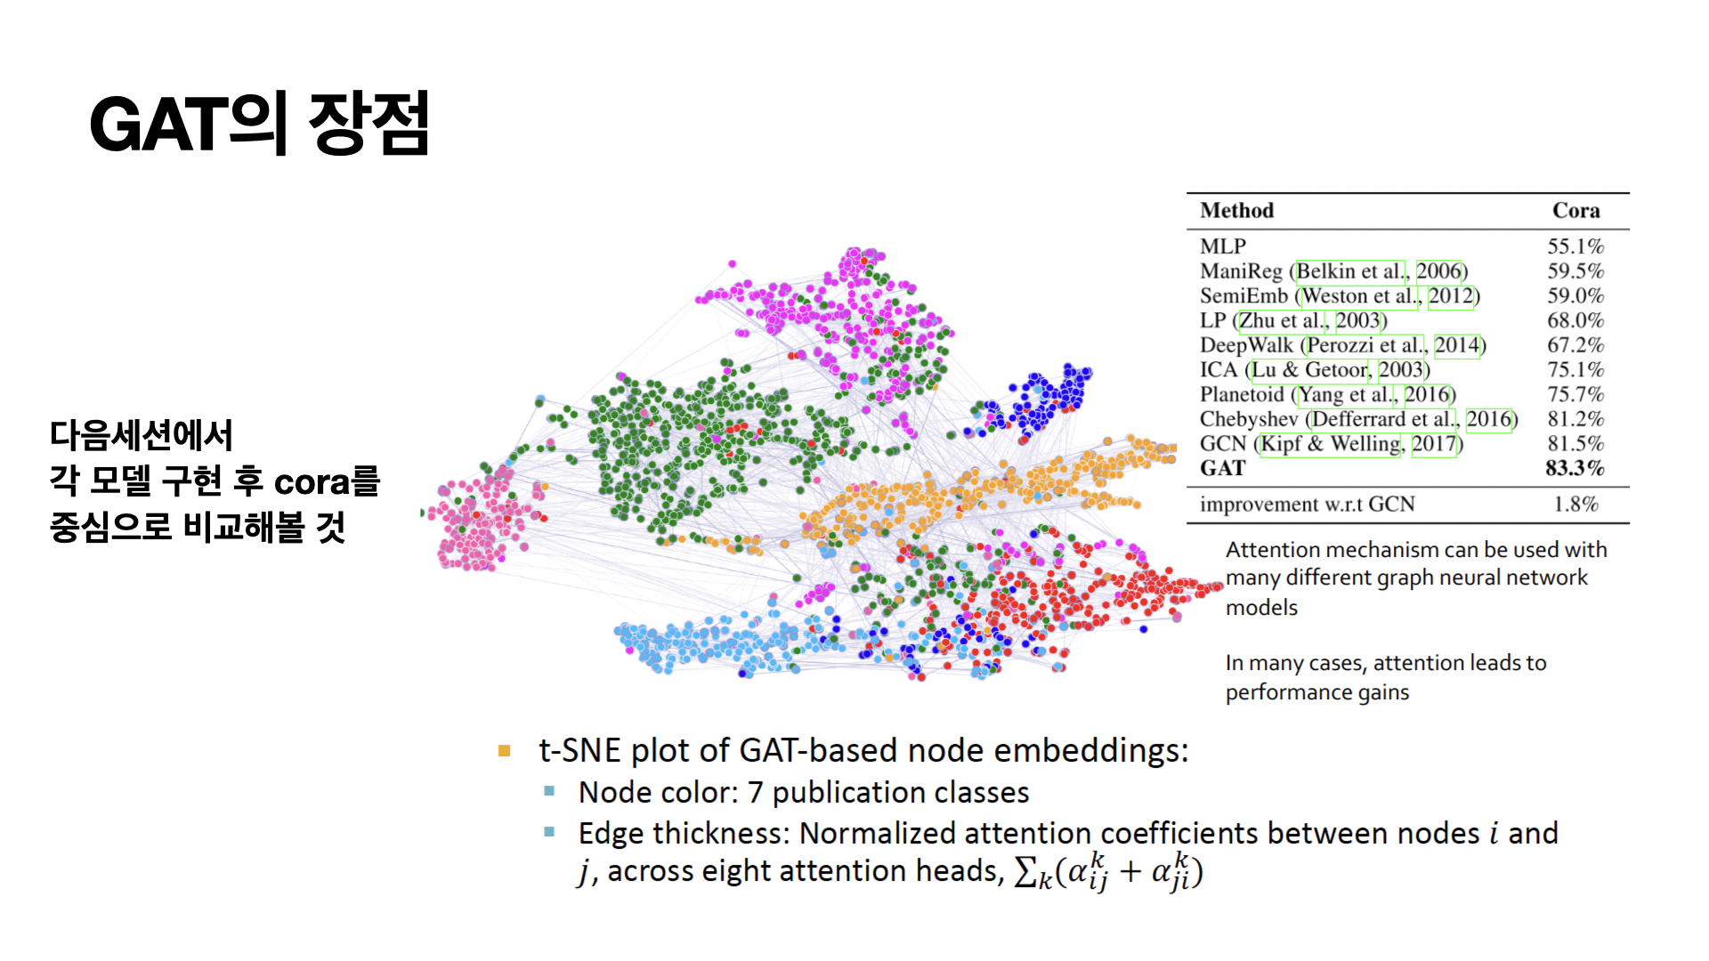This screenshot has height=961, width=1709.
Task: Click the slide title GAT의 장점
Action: (259, 124)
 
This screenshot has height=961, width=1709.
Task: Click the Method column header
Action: (1236, 211)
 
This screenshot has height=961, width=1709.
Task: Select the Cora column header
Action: (1575, 211)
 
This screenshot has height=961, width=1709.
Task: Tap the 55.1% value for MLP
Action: (1575, 246)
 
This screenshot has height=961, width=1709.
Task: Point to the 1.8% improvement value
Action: (1575, 505)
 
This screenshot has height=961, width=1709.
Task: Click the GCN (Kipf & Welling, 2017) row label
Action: (1331, 444)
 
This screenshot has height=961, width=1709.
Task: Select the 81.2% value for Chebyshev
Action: (1575, 419)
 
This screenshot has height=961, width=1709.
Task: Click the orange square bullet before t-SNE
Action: (505, 751)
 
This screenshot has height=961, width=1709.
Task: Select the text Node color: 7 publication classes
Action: (803, 792)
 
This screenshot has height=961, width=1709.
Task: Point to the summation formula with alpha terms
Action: (1108, 871)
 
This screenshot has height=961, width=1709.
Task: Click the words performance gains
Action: (1316, 692)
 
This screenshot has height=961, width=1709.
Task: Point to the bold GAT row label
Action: (1222, 468)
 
